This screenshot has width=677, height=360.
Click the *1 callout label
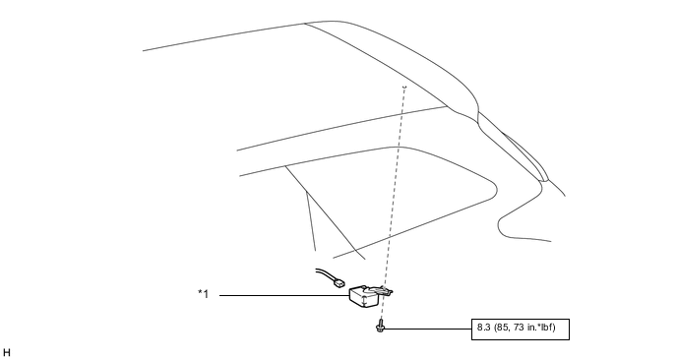[203, 294]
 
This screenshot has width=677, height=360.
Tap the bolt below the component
[379, 327]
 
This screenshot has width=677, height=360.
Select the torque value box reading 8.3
[521, 328]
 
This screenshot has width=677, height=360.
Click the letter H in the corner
[7, 351]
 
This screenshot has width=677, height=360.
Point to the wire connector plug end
[340, 283]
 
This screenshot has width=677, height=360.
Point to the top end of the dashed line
[403, 88]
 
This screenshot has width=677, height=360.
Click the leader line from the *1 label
[285, 295]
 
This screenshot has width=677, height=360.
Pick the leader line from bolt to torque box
[428, 328]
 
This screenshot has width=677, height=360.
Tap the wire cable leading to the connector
[324, 274]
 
